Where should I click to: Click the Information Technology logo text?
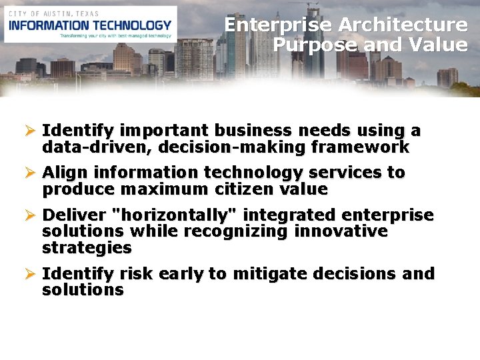pos(90,25)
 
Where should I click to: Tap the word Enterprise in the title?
pos(279,25)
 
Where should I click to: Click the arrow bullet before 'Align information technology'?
pos(29,173)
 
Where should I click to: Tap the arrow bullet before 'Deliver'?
pos(29,215)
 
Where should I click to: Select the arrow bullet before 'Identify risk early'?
pos(29,274)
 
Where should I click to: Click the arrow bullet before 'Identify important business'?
pos(29,131)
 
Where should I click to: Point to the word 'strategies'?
pos(87,248)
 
